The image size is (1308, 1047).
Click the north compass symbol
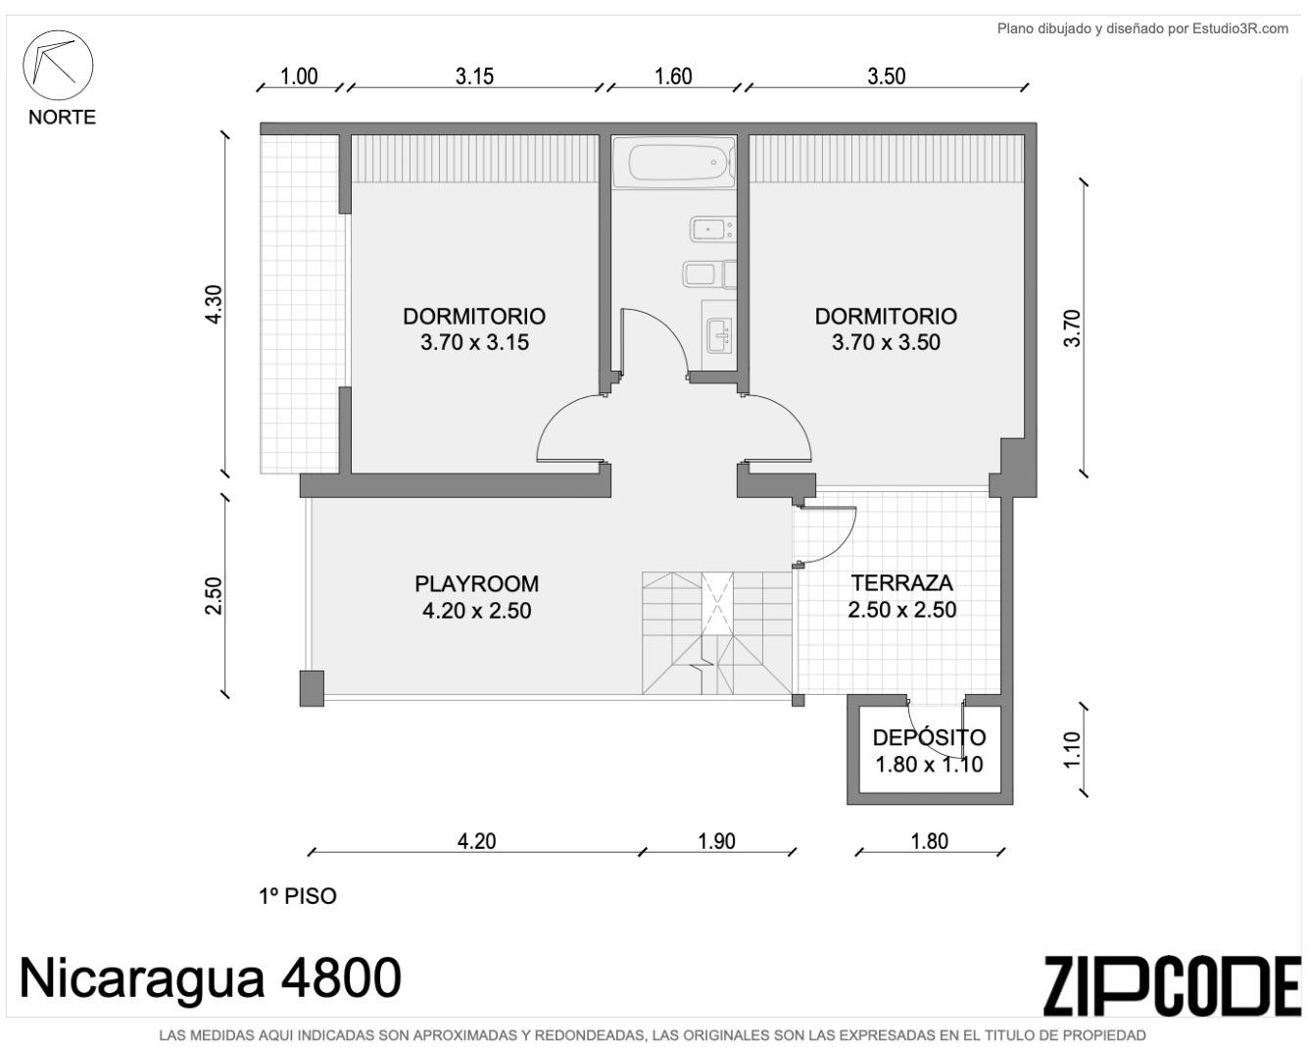point(58,65)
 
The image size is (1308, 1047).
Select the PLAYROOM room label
point(476,584)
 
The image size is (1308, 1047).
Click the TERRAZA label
point(902,583)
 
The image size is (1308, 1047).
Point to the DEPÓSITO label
point(929,737)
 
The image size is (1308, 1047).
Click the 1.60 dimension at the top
point(673,76)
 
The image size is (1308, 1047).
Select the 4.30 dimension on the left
point(215,304)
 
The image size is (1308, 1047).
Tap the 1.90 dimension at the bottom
point(716,841)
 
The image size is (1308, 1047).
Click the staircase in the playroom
point(717,632)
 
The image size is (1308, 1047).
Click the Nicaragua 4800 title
point(211,978)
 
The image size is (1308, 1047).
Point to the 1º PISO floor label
point(297,896)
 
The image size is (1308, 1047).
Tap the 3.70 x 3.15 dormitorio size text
point(474,342)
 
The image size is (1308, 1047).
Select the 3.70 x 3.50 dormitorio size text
point(886,342)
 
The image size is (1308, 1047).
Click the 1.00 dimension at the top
point(299,76)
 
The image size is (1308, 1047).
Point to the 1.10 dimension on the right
point(1073,750)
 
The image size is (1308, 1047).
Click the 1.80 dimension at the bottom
point(930,841)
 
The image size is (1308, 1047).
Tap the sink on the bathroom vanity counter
point(719,334)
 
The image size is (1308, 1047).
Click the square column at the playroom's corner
point(312,688)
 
